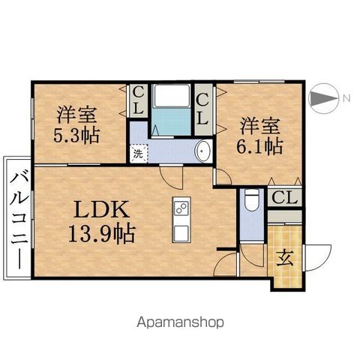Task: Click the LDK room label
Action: pyautogui.click(x=101, y=208)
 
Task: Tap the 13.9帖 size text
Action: pyautogui.click(x=102, y=234)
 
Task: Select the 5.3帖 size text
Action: pyautogui.click(x=76, y=136)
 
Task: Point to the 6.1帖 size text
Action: pyautogui.click(x=259, y=146)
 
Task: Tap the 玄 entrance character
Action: pyautogui.click(x=285, y=258)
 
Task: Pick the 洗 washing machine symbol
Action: pyautogui.click(x=139, y=154)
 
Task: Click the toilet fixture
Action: pyautogui.click(x=252, y=200)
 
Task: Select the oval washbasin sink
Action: pyautogui.click(x=203, y=151)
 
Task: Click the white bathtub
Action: pyautogui.click(x=172, y=96)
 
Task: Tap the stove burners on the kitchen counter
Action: pyautogui.click(x=181, y=208)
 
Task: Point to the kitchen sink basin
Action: pyautogui.click(x=181, y=233)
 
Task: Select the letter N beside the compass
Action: pyautogui.click(x=346, y=98)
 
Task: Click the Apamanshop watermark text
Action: pyautogui.click(x=180, y=322)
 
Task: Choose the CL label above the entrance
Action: pyautogui.click(x=285, y=197)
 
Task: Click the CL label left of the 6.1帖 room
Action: pyautogui.click(x=202, y=110)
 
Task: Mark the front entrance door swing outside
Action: pyautogui.click(x=318, y=257)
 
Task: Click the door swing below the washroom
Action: pyautogui.click(x=172, y=178)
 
